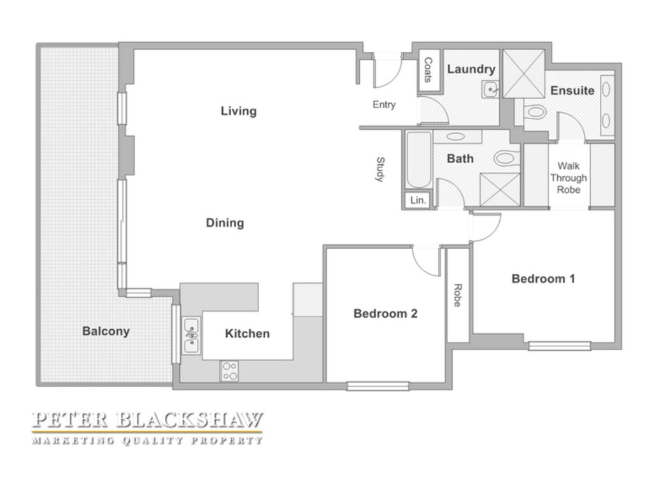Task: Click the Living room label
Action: click(x=238, y=111)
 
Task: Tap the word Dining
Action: click(x=225, y=223)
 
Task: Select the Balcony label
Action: click(x=106, y=331)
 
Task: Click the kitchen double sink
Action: click(x=192, y=336)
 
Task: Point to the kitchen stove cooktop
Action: click(x=229, y=371)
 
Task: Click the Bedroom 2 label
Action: click(x=385, y=313)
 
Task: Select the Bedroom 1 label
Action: click(x=543, y=279)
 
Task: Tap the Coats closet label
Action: click(x=428, y=69)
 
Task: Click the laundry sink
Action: click(x=491, y=89)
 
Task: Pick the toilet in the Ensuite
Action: click(x=535, y=112)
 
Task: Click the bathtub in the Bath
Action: click(x=419, y=160)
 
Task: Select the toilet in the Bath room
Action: click(x=506, y=158)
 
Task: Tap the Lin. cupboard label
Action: click(x=418, y=201)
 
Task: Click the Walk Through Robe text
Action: click(x=569, y=178)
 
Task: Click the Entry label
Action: click(x=384, y=105)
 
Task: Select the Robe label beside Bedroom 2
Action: click(x=457, y=295)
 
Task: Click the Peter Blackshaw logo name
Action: click(x=148, y=420)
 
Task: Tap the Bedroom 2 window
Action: click(x=378, y=386)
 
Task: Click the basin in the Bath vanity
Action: click(x=456, y=136)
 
